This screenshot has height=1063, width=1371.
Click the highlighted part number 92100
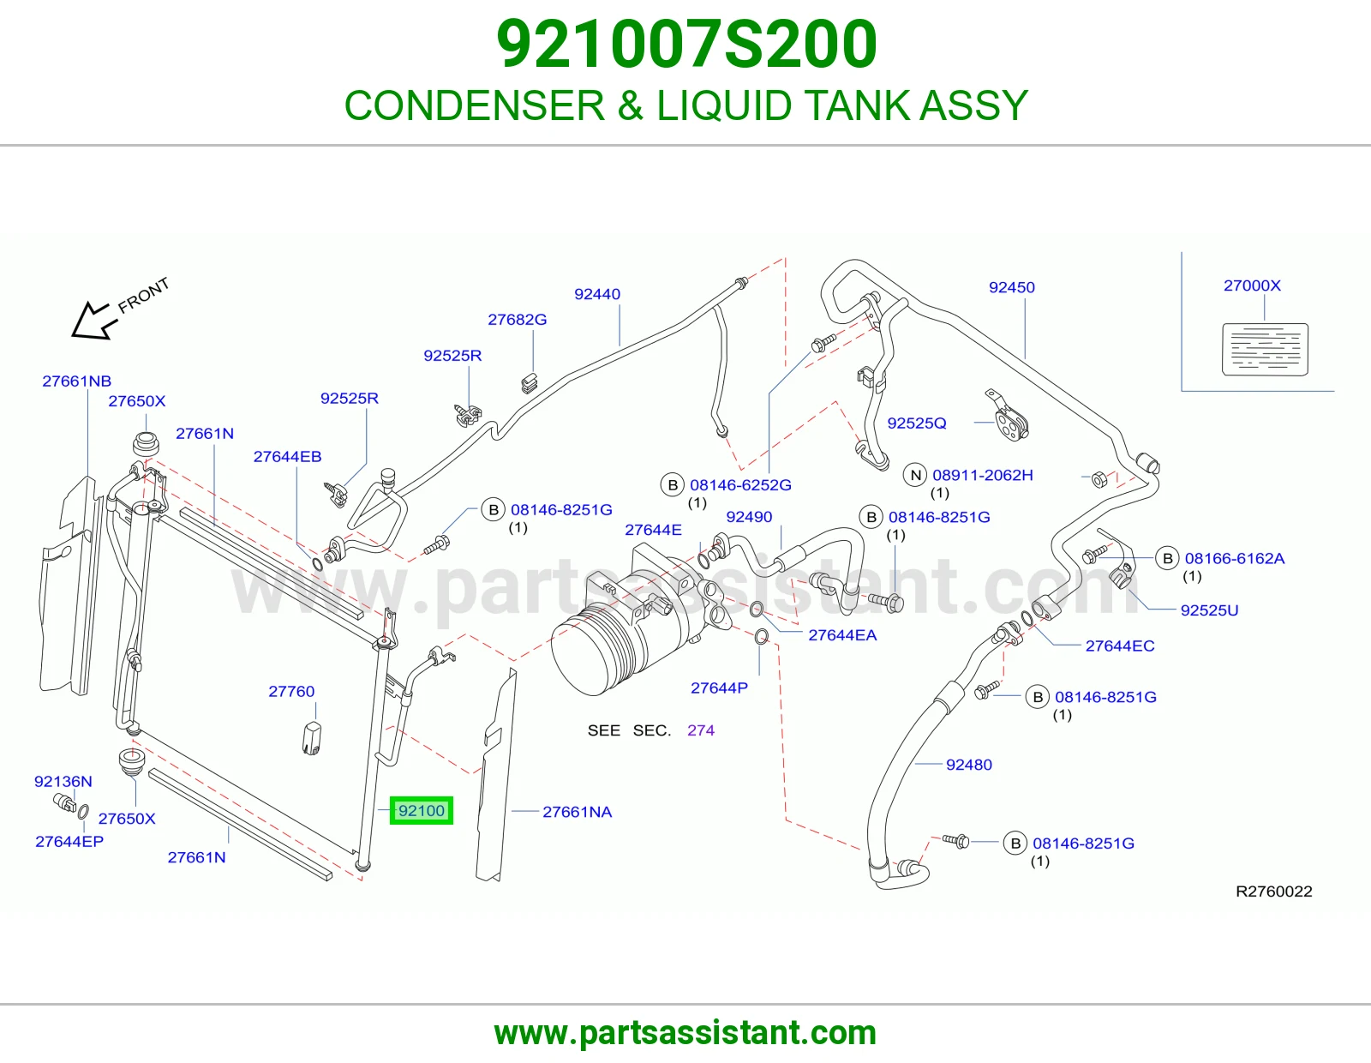coord(422,810)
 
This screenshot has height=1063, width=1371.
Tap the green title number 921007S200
coord(686,45)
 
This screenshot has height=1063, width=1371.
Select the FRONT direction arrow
coord(94,320)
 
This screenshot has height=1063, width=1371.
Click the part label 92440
coord(597,294)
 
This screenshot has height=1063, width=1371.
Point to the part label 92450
coord(1011,287)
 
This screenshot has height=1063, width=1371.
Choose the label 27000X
coord(1252,285)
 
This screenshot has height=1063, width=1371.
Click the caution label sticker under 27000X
coord(1265,349)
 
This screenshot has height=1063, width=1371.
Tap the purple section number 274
coord(700,730)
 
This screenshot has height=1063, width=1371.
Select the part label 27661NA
coord(578,812)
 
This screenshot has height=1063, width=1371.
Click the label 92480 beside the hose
coord(968,765)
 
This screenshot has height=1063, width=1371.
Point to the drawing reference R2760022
coord(1274,892)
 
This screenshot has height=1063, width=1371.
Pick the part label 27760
coord(290,691)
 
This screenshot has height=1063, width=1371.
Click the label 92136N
coord(63,782)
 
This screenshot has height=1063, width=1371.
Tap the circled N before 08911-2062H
coord(915,475)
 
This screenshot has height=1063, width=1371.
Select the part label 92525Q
coord(917,423)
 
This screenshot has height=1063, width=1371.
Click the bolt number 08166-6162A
coord(1234,558)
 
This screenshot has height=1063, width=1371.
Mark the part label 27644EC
coord(1120,646)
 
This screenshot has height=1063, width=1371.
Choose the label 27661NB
coord(76,381)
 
